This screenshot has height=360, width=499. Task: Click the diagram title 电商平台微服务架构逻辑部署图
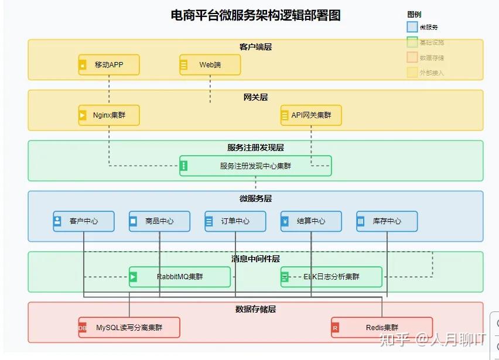coord(255,16)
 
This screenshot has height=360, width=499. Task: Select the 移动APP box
coord(109,65)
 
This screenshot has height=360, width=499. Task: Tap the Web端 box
coord(210,65)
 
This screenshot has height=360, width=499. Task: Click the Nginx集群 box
coord(109,115)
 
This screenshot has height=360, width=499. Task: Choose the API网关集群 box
coord(310,115)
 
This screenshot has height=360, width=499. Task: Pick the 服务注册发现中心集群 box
coord(255,166)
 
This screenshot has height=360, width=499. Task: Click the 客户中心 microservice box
coord(83,221)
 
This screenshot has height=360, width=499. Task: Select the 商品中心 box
coord(159,221)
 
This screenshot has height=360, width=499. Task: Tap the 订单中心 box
coord(235,221)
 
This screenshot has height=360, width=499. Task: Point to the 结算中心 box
coord(311,221)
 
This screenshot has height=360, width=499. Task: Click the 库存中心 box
coord(387,221)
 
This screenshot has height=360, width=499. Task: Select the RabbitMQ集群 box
coord(179,277)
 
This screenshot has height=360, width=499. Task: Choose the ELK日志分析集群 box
coord(331,277)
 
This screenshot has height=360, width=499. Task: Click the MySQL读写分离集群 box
coord(129,328)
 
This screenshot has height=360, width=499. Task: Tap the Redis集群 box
coord(382,328)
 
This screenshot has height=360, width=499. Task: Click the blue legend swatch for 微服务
coord(412,27)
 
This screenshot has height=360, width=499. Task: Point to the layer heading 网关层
coord(255,97)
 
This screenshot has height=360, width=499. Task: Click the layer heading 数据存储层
coord(255,308)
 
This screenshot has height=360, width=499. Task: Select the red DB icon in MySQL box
coord(83,328)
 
